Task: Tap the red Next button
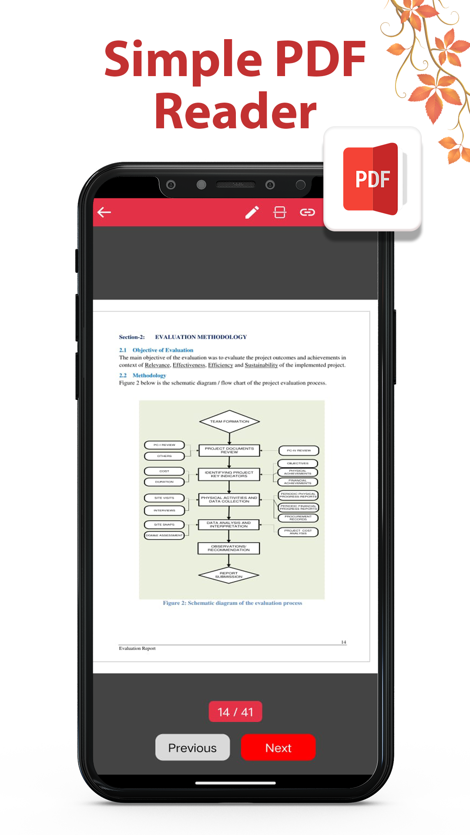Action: point(278,747)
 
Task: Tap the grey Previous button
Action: point(192,747)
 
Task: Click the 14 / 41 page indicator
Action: point(235,711)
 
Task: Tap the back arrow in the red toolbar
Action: point(104,212)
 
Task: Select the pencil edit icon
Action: point(252,212)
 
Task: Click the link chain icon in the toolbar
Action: point(307,212)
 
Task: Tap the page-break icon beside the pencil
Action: point(279,212)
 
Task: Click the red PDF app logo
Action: point(372,179)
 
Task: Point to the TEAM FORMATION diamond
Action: point(229,421)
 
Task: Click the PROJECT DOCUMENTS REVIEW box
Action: point(229,450)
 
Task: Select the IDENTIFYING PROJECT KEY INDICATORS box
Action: point(229,474)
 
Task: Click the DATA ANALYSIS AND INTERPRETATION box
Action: point(229,524)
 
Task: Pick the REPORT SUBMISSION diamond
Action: point(229,575)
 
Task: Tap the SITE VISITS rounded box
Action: point(164,498)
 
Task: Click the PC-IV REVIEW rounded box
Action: point(299,451)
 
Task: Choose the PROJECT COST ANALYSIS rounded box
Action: point(298,532)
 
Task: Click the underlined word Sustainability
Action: point(261,365)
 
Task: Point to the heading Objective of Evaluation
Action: point(163,350)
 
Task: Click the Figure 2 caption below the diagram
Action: point(232,603)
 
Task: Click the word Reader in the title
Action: point(235,112)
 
